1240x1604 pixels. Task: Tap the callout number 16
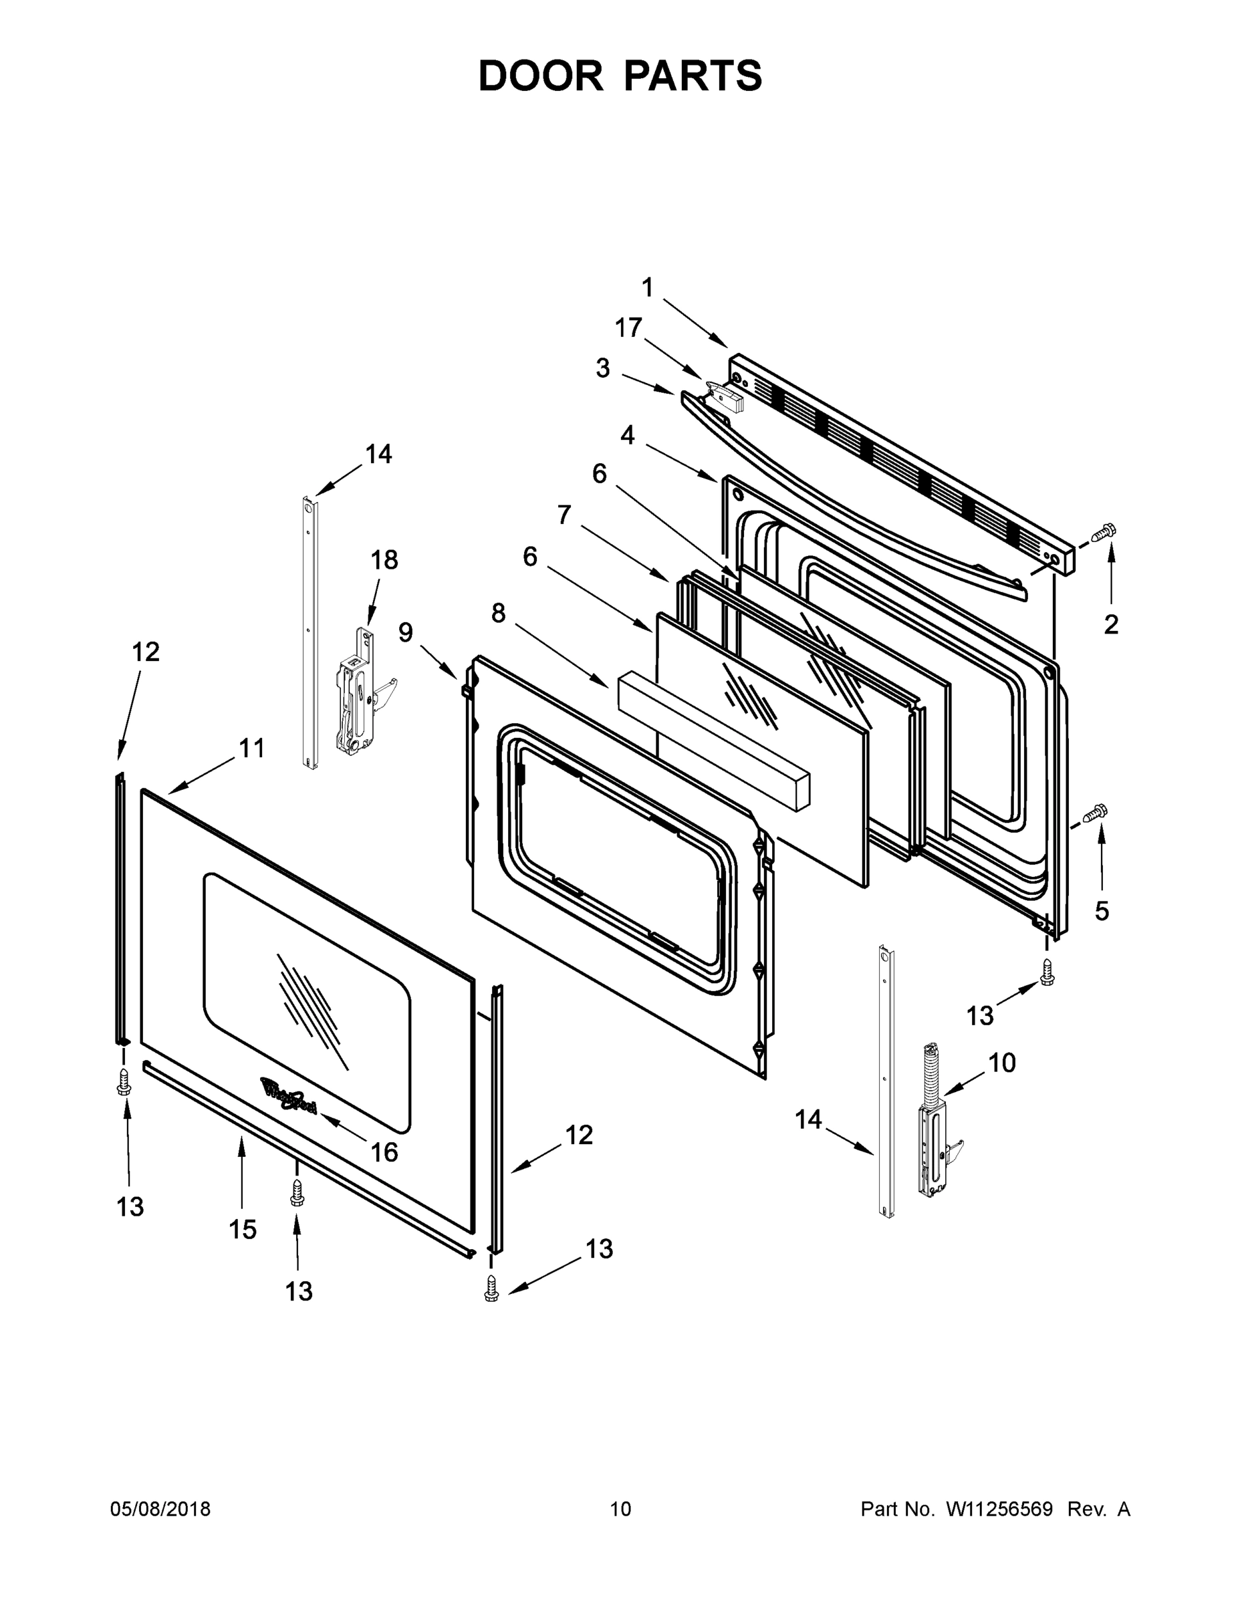tap(384, 1152)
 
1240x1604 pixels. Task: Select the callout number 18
tap(384, 559)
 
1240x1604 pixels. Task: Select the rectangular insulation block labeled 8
tap(713, 741)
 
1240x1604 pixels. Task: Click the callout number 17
tap(629, 327)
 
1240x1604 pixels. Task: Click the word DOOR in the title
tap(541, 76)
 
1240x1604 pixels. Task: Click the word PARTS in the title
tap(693, 76)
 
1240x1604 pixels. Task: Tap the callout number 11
tap(251, 749)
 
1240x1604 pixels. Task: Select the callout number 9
tap(406, 632)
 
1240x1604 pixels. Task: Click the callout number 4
tap(626, 436)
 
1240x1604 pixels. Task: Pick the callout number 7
tap(564, 515)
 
